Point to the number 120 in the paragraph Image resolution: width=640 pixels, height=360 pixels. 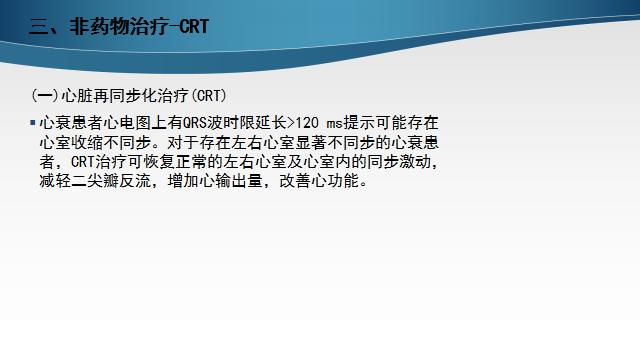(x=299, y=123)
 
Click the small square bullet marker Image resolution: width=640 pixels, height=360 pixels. (x=34, y=123)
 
